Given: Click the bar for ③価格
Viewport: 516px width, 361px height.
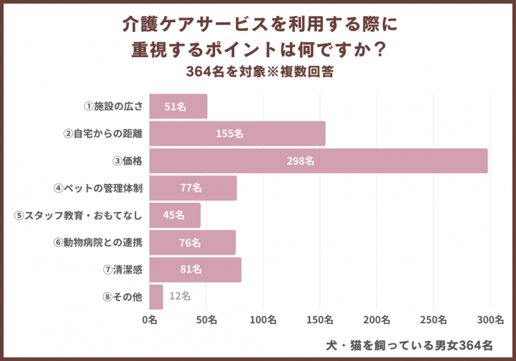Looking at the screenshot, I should [x=318, y=161].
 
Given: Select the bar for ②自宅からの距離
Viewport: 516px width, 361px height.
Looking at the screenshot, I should [x=237, y=134].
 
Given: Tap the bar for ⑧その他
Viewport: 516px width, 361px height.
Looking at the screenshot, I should [x=156, y=296].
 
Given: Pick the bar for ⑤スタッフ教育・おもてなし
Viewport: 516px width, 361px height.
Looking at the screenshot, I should [x=174, y=215].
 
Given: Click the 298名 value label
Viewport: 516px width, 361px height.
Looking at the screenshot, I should [x=301, y=161].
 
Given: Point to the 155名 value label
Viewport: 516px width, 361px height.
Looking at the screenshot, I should [x=230, y=134].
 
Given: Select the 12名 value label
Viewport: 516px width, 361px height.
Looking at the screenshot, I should [x=179, y=296].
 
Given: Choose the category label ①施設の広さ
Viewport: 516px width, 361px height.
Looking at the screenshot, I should [x=113, y=107].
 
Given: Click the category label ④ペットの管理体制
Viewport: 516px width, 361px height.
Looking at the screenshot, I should [x=99, y=188].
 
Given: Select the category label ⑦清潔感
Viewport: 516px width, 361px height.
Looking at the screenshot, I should [x=123, y=269].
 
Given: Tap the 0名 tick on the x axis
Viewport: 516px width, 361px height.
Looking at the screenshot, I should [x=149, y=320].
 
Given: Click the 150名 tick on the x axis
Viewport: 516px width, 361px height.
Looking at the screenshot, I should [x=320, y=320].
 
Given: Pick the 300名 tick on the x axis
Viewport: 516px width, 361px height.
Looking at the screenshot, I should [x=491, y=320].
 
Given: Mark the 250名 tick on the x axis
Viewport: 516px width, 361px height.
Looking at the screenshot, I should [x=433, y=320].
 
